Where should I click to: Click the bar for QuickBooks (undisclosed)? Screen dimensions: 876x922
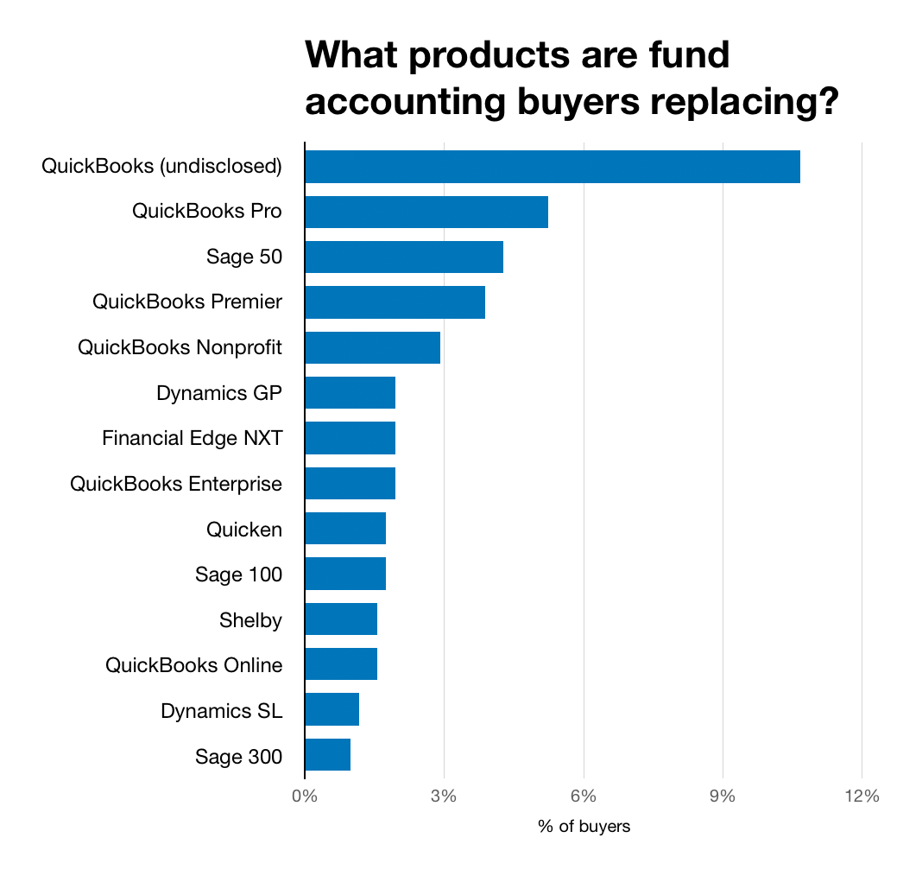(x=553, y=166)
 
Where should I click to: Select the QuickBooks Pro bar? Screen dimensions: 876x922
(x=426, y=212)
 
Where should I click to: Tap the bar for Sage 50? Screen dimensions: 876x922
(x=404, y=257)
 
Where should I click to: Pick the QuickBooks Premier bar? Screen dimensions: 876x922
(x=395, y=302)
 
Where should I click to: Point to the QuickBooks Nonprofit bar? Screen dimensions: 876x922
(x=372, y=347)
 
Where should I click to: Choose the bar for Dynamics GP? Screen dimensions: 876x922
(x=350, y=393)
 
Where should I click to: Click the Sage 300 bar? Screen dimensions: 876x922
(x=327, y=755)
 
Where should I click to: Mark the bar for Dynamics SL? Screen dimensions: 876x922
(x=332, y=710)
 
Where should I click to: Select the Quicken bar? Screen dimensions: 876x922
(x=345, y=529)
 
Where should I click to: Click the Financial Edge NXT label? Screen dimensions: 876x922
(x=192, y=438)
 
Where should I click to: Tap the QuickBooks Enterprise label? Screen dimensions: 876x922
(x=176, y=484)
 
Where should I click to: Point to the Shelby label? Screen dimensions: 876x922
(x=250, y=619)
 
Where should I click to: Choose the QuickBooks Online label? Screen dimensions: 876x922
(x=193, y=665)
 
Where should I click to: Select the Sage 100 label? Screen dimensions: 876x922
(x=238, y=574)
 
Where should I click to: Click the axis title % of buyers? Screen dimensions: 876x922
(x=584, y=827)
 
